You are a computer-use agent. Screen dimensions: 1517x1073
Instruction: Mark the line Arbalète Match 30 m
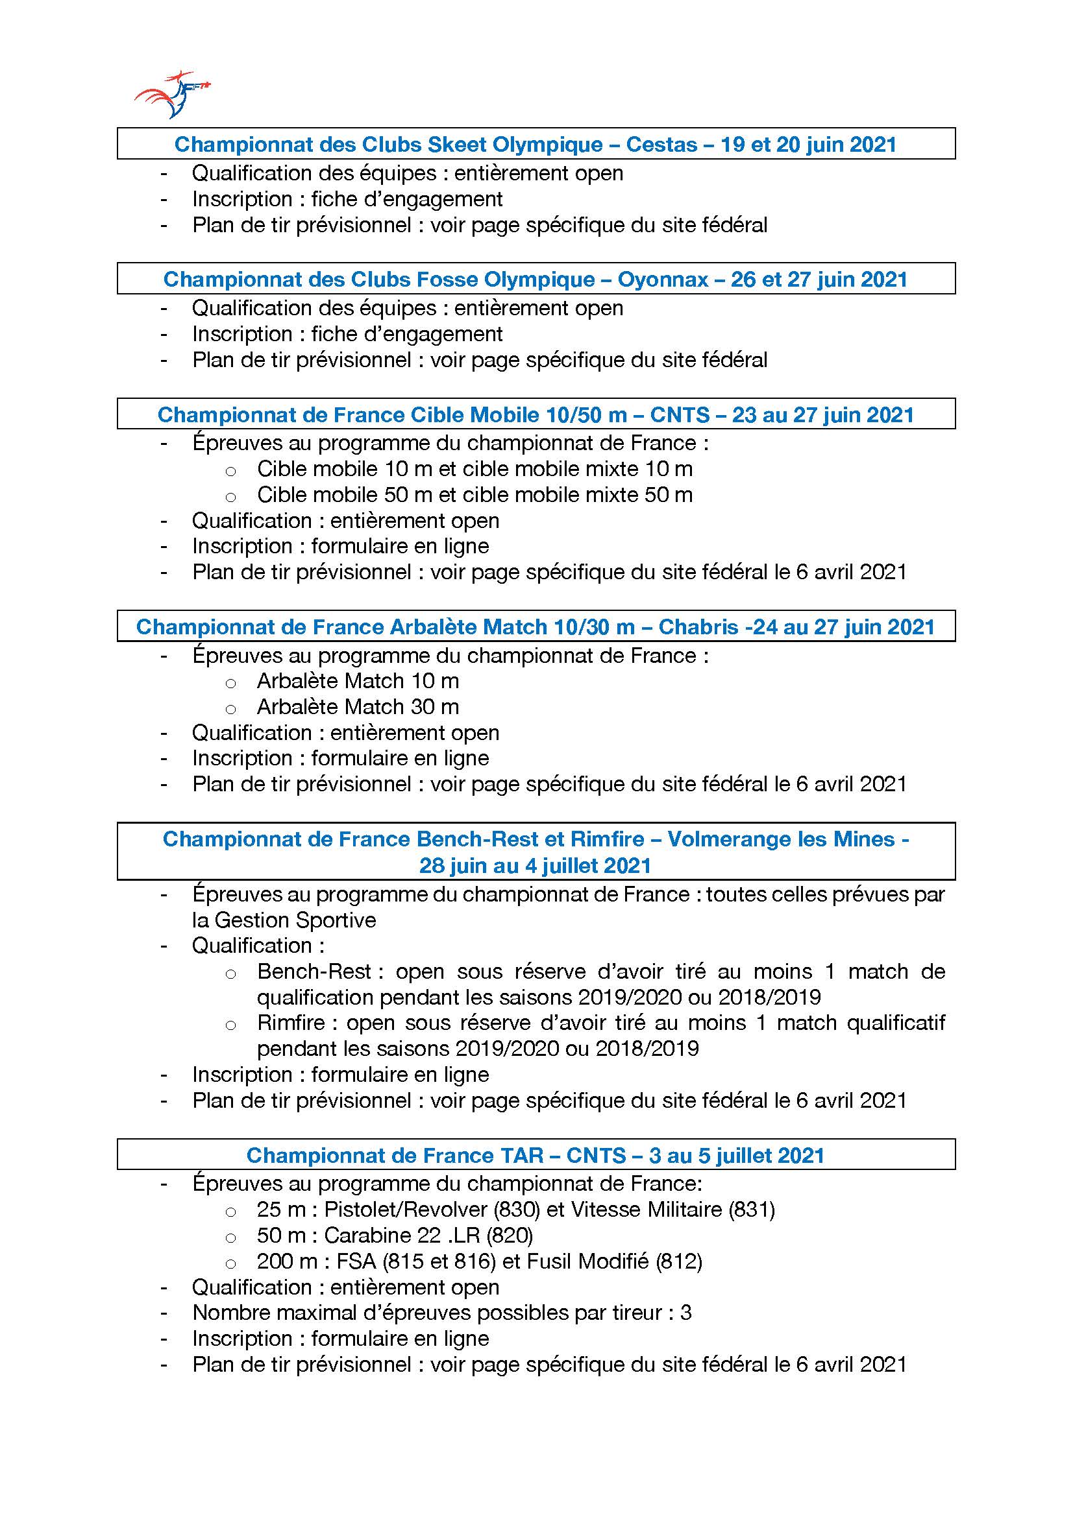[x=358, y=706]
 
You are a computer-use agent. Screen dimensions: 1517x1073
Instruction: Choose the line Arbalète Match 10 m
[x=358, y=680]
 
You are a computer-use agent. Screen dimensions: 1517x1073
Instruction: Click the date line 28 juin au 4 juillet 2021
[x=536, y=865]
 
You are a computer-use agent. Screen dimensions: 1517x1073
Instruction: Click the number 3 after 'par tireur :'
[x=685, y=1312]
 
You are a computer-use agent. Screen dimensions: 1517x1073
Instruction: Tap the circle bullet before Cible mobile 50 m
[x=230, y=497]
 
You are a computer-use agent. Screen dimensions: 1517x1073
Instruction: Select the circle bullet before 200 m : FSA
[x=230, y=1263]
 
